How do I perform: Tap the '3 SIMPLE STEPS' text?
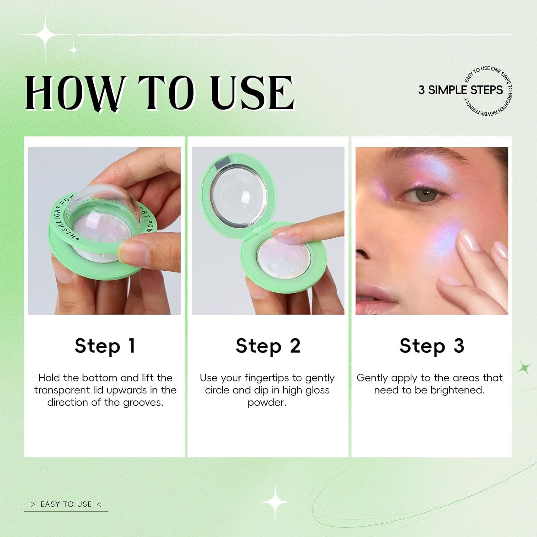click(460, 90)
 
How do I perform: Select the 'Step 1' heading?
click(105, 346)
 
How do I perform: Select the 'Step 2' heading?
click(268, 346)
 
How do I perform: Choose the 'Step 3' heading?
click(432, 346)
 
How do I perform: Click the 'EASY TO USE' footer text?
click(66, 504)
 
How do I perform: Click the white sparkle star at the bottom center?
click(275, 503)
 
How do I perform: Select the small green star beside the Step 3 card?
click(525, 368)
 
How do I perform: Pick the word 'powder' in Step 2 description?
click(267, 402)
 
